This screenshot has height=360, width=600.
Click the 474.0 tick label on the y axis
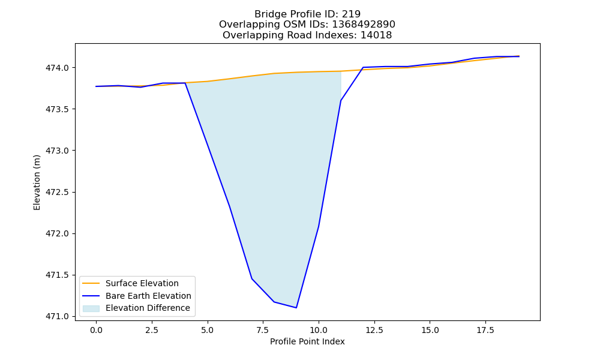click(57, 68)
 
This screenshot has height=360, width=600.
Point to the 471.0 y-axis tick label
click(57, 317)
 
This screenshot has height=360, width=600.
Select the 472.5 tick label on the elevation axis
click(57, 193)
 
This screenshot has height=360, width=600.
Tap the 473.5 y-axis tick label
click(57, 109)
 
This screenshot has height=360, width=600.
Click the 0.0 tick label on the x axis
click(96, 330)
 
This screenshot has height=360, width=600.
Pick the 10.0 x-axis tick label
click(319, 330)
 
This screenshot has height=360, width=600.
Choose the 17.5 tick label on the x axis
click(485, 330)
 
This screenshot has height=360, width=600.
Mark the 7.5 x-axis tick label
click(263, 330)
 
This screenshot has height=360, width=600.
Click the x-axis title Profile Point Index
click(307, 341)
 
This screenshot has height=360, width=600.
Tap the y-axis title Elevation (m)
click(37, 182)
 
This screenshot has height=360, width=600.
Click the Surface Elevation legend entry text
click(142, 283)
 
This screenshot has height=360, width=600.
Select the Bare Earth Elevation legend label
click(148, 296)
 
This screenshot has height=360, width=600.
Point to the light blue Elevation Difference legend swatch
click(91, 308)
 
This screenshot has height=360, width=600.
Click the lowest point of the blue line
click(296, 308)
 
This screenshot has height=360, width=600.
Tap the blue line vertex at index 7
click(252, 278)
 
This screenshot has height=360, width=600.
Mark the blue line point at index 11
click(341, 101)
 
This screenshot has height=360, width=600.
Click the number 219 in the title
click(351, 14)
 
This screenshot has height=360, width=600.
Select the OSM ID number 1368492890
click(364, 25)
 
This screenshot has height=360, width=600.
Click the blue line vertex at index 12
click(363, 67)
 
